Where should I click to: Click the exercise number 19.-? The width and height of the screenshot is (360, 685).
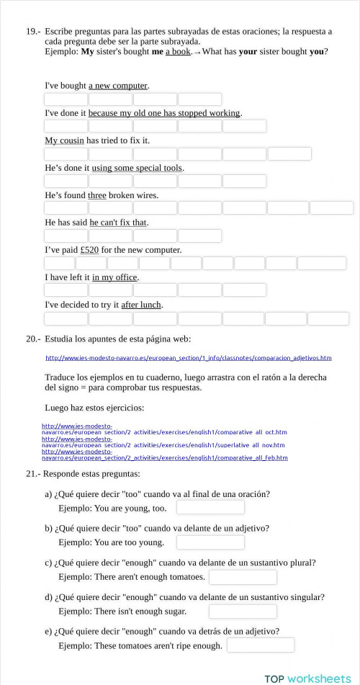click(x=32, y=32)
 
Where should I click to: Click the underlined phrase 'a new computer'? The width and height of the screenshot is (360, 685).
click(x=118, y=86)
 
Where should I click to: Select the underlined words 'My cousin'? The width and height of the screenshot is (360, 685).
click(x=64, y=140)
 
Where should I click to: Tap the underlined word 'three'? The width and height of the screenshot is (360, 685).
click(x=96, y=195)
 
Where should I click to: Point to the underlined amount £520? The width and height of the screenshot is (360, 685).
click(x=89, y=250)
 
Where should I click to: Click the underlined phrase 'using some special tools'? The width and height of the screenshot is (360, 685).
click(x=137, y=168)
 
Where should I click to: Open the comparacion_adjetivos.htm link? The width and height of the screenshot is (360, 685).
click(x=188, y=358)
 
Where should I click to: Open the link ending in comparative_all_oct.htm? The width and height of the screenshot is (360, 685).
click(x=164, y=432)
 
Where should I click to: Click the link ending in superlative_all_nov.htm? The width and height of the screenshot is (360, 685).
click(x=163, y=445)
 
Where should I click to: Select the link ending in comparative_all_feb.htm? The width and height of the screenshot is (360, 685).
click(x=164, y=457)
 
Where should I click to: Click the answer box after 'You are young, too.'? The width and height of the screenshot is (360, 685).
click(x=210, y=508)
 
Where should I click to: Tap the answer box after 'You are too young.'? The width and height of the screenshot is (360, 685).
click(x=210, y=542)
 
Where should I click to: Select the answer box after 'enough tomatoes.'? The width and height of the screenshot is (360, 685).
click(x=243, y=577)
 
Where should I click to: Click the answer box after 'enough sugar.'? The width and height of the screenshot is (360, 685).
click(x=243, y=612)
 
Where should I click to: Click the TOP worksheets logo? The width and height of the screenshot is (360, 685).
click(x=307, y=678)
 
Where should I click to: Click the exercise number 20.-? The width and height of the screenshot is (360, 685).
click(x=32, y=339)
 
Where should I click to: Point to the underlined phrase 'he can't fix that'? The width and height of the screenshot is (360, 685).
click(x=118, y=223)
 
